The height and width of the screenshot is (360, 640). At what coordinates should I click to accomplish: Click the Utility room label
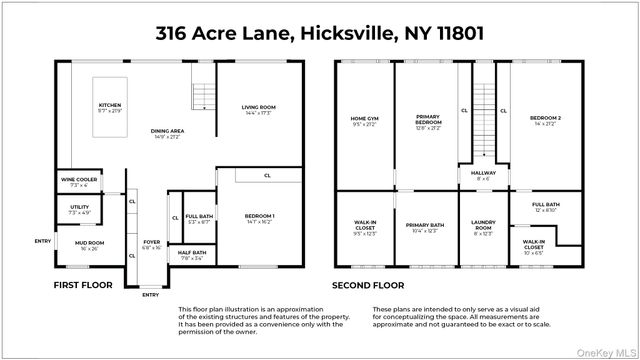(x=79, y=209)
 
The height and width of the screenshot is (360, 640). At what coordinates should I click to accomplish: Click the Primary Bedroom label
(x=427, y=122)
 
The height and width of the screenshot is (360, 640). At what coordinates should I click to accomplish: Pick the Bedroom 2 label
(x=545, y=122)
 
